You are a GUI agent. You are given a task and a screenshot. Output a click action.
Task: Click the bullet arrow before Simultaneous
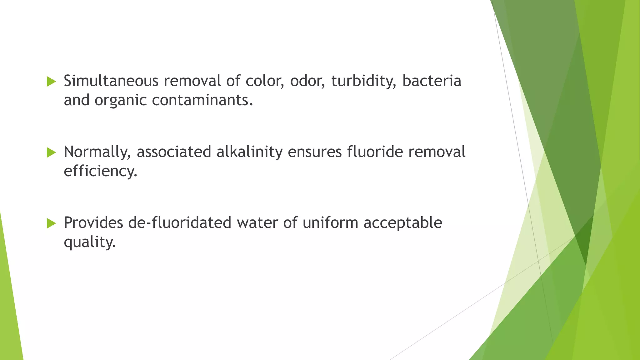point(51,82)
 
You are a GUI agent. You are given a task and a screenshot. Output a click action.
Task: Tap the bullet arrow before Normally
point(51,153)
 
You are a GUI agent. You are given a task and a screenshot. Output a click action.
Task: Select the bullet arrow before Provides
point(51,224)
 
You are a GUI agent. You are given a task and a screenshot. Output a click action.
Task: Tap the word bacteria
point(432,81)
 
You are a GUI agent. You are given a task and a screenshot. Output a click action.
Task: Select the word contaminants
point(202,100)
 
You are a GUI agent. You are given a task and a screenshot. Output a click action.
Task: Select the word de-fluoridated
point(180,222)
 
